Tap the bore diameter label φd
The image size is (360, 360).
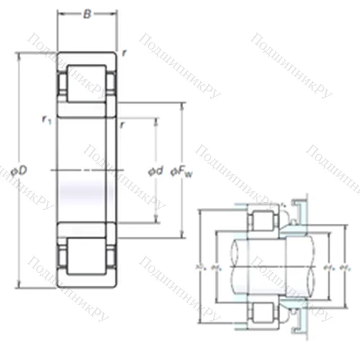pyautogui.click(x=154, y=171)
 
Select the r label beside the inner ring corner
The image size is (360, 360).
pyautogui.click(x=125, y=123)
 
